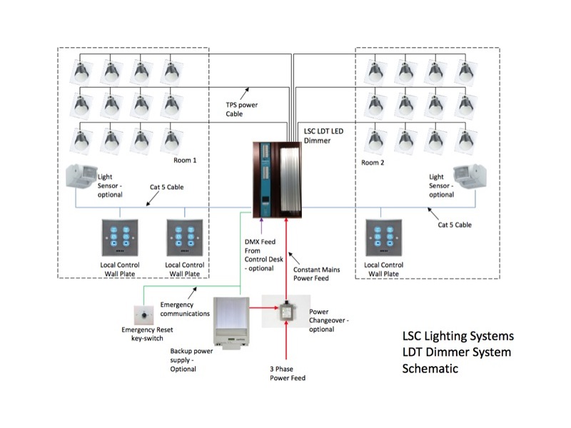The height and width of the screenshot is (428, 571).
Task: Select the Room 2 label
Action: coord(373,163)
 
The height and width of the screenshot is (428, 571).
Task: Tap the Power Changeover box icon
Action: coord(286,311)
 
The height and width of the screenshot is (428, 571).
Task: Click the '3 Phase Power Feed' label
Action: coord(288,373)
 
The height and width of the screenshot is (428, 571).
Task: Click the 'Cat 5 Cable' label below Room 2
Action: coord(455,225)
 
